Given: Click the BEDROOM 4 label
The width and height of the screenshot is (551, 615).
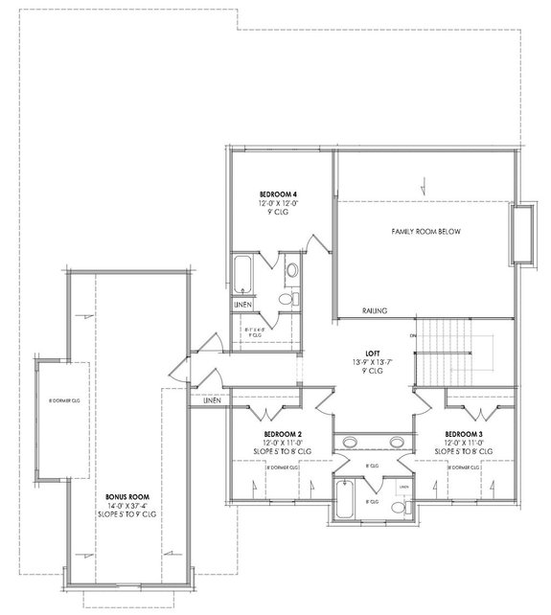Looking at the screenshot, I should tap(278, 194).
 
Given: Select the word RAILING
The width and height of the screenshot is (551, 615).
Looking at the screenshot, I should tap(374, 310).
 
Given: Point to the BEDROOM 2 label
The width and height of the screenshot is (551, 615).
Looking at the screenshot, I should tap(287, 434).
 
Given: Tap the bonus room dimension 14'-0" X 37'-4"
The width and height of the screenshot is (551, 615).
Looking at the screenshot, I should tap(125, 506).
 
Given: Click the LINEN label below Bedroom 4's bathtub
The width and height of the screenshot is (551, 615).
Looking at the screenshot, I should tap(243, 306).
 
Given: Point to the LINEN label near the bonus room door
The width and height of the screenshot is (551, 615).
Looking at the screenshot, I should tap(213, 400).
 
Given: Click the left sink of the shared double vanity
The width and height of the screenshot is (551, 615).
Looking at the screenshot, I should tap(350, 442).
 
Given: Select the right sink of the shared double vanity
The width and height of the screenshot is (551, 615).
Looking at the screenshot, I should tap(396, 442).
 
